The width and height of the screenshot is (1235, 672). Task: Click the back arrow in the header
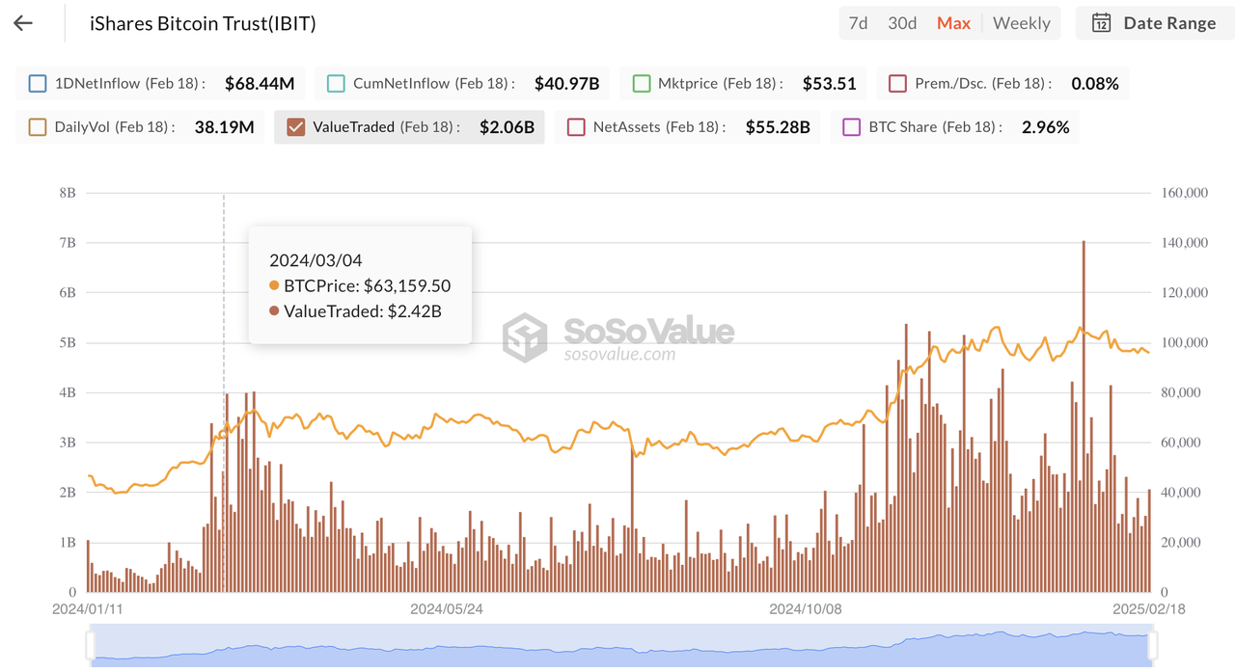pos(23,23)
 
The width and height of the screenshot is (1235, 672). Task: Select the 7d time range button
pos(858,23)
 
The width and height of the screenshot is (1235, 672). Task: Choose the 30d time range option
pos(902,23)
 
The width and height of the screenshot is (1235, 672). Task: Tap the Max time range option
pos(953,23)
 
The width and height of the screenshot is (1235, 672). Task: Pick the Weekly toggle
pos(1021,23)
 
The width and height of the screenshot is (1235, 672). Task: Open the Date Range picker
pos(1155,23)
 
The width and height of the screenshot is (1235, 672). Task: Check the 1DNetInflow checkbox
pos(38,84)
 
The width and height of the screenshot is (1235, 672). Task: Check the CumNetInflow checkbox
pos(336,84)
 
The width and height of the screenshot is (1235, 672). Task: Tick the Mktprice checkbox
pos(641,84)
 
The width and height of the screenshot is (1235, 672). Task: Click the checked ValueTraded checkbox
pos(296,127)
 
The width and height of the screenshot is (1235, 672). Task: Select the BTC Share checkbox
pos(851,127)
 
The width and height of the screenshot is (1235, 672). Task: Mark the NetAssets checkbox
pos(576,127)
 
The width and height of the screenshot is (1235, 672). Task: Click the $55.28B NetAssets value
pos(777,127)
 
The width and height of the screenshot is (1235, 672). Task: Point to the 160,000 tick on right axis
pos(1184,193)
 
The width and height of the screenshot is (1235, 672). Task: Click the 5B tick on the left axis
pos(67,343)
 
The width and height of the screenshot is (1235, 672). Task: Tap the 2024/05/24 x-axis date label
pos(446,609)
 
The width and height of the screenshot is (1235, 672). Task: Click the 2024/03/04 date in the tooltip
pos(316,260)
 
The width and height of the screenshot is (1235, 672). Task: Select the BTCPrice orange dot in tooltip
pos(274,286)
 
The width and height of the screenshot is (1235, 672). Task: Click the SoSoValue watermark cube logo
pos(525,337)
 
